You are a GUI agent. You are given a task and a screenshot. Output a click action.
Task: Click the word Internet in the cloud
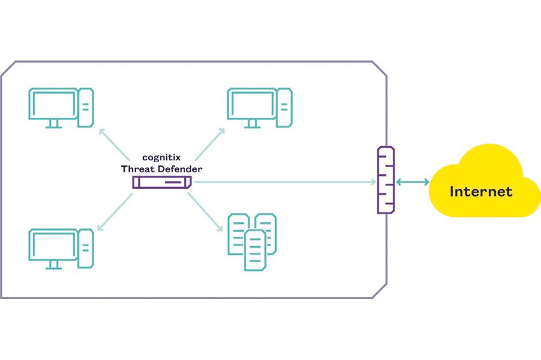click(x=481, y=191)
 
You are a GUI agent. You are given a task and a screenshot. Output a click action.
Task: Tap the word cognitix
click(x=162, y=158)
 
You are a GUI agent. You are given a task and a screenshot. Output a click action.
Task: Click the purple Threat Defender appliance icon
click(x=162, y=182)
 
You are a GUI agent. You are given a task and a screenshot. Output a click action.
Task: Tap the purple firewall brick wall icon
click(x=386, y=180)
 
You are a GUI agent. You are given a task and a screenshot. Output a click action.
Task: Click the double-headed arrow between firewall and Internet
click(x=412, y=182)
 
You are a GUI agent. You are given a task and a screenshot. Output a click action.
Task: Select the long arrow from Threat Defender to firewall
click(x=285, y=182)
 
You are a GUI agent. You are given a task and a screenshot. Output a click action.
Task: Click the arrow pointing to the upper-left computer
click(x=114, y=144)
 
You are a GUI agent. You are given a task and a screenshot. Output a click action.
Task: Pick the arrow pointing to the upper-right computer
click(x=210, y=144)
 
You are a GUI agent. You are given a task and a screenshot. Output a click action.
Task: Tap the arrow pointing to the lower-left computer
click(x=115, y=212)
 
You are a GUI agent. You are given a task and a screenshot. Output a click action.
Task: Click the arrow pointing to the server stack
click(x=205, y=212)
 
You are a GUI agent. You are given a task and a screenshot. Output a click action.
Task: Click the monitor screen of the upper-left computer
click(x=53, y=104)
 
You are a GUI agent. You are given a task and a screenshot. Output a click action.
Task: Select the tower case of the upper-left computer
click(x=86, y=107)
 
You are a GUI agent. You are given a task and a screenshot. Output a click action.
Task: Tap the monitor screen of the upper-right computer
click(x=252, y=104)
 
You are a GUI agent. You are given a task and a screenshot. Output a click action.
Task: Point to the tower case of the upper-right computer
click(x=285, y=107)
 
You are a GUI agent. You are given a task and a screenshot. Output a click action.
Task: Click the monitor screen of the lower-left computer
click(x=53, y=244)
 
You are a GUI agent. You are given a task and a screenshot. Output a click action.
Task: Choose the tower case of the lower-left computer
click(x=86, y=248)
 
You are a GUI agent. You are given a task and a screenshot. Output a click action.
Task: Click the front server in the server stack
click(x=255, y=251)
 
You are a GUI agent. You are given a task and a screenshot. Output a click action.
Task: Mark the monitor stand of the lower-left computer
click(x=53, y=265)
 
